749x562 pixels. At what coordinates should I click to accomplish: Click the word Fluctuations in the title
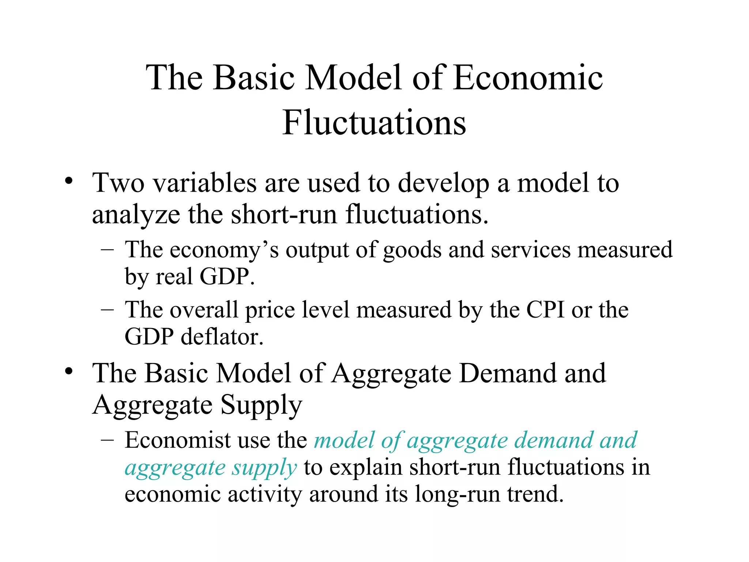[x=374, y=122]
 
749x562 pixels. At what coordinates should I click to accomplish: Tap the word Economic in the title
[x=528, y=77]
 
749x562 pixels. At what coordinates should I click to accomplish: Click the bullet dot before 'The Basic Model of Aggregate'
[x=68, y=371]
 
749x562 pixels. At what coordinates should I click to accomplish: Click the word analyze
[x=136, y=215]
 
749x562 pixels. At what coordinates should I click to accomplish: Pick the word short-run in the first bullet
[x=283, y=214]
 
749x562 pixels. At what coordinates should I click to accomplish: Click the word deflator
[x=222, y=337]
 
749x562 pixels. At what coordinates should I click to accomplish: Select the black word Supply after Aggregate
[x=261, y=405]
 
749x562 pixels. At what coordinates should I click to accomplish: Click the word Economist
[x=178, y=440]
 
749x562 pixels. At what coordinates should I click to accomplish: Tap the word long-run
[x=458, y=495]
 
